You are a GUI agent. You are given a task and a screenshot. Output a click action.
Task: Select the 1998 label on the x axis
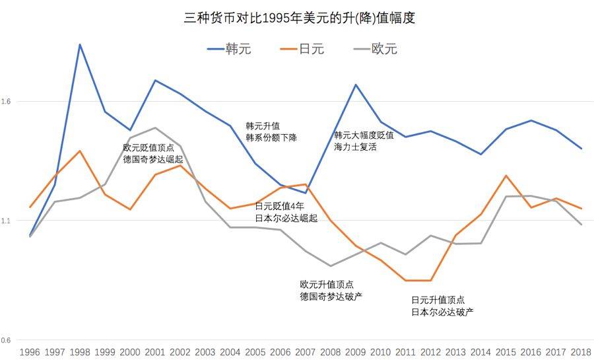click(x=80, y=351)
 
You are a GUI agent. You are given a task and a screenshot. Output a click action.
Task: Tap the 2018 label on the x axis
click(x=580, y=351)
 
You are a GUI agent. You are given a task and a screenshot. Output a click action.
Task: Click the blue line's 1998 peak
click(x=80, y=44)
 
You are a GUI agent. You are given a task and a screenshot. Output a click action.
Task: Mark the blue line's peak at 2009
click(x=355, y=85)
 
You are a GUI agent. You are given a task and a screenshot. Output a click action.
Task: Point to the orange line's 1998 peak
click(x=80, y=151)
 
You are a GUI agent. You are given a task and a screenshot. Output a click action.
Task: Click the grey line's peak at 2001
click(x=154, y=127)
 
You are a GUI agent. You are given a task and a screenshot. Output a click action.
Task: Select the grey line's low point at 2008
click(x=330, y=266)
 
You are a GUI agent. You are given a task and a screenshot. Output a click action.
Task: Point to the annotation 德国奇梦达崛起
click(x=152, y=159)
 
